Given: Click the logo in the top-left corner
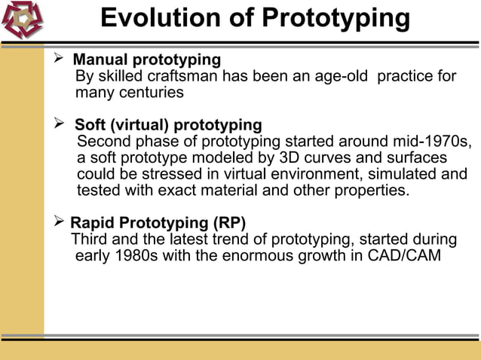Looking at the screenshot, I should pos(22,20).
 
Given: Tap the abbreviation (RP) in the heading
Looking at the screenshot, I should pos(230,223).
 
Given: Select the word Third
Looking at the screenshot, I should pos(89,239).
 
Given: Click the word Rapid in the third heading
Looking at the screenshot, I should pos(92,223).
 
